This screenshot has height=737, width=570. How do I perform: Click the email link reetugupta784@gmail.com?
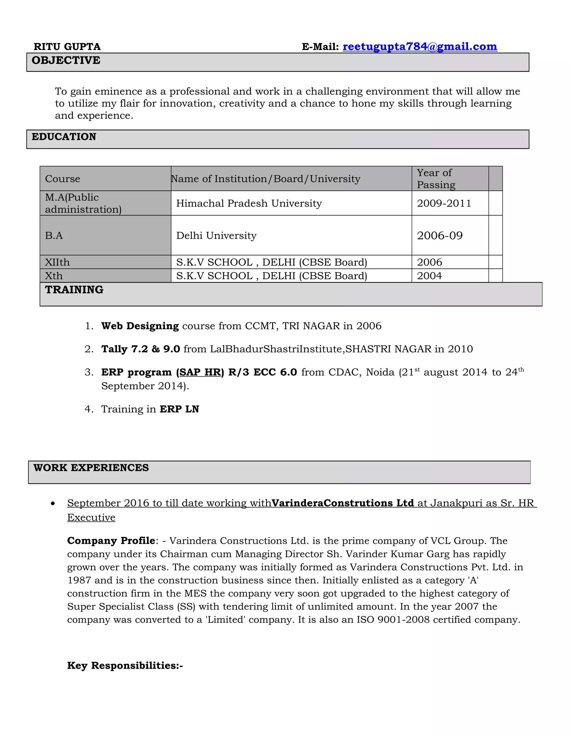(x=419, y=46)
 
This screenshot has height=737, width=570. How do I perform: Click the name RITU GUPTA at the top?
(x=67, y=46)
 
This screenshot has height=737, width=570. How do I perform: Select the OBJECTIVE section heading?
(x=66, y=60)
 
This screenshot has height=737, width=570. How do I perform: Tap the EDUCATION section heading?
(x=64, y=137)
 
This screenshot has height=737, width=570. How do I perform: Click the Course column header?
(x=62, y=179)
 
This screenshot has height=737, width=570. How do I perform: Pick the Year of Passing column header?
(x=436, y=179)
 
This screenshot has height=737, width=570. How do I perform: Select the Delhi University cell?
(x=216, y=236)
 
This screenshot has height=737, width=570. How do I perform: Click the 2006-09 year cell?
(x=440, y=236)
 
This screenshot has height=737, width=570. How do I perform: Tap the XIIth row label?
(x=57, y=262)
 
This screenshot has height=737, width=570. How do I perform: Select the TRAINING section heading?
(x=74, y=290)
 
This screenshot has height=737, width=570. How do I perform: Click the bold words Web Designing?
(x=140, y=326)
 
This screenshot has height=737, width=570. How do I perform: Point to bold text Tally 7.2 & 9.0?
(x=141, y=349)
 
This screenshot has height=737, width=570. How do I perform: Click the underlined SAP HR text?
(x=200, y=372)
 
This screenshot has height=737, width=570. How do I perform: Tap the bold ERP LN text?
(x=179, y=409)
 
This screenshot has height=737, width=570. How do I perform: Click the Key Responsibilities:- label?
(x=125, y=666)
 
